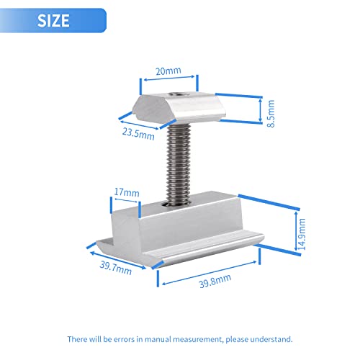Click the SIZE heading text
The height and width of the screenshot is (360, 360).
[x=53, y=20]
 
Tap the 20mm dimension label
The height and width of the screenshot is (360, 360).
[x=168, y=71]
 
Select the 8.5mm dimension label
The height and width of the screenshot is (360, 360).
[x=271, y=114]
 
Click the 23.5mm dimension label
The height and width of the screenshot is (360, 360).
[x=138, y=134]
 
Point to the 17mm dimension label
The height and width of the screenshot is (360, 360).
[x=127, y=192]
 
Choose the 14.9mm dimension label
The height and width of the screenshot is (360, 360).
[x=302, y=234]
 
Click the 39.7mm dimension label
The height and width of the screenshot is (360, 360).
[x=116, y=268]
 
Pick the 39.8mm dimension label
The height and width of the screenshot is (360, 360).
[x=215, y=281]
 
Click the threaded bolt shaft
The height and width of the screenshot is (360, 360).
[x=178, y=164]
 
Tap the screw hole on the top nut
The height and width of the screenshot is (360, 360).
[x=176, y=94]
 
